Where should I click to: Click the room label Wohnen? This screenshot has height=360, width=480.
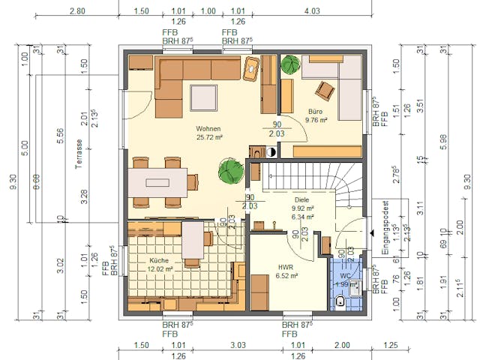209,128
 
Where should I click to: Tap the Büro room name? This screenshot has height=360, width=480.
316,110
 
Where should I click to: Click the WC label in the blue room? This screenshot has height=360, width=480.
345,274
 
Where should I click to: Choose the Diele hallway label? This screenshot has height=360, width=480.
301,199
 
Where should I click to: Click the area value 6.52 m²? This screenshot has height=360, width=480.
287,275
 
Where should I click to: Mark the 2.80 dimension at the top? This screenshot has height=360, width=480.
76,11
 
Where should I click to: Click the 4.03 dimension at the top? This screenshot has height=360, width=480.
310,11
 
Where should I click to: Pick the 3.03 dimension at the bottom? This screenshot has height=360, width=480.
238,345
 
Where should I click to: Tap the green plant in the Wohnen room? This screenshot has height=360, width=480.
230,173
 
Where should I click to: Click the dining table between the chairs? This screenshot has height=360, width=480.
157,182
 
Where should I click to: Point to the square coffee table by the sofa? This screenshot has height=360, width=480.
203,98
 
